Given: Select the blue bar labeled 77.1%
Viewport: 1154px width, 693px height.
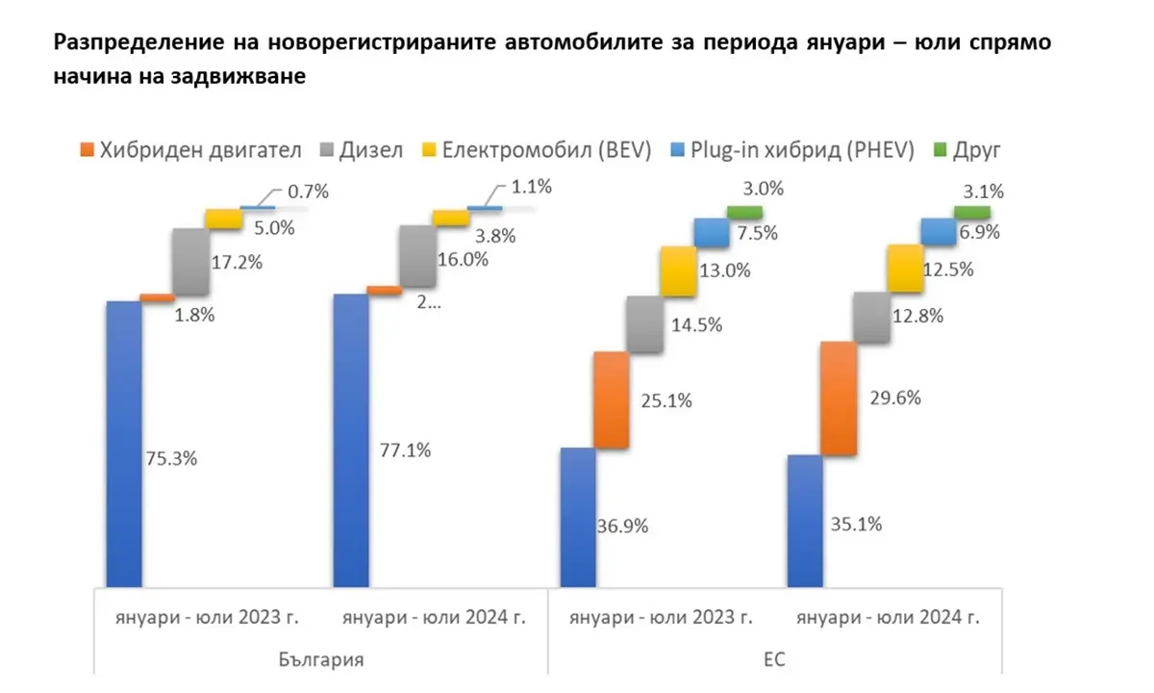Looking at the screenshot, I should [349, 439].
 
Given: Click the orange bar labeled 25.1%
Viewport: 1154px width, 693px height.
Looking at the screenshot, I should [611, 399].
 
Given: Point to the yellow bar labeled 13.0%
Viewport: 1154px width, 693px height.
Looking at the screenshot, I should [678, 270].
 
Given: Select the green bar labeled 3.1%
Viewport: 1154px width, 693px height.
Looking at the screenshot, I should [971, 212].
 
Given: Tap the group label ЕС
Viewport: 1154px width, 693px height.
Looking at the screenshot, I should [775, 661].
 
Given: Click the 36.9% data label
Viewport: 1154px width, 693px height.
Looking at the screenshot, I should [622, 526].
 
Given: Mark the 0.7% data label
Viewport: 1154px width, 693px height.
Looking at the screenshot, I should [308, 192].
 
